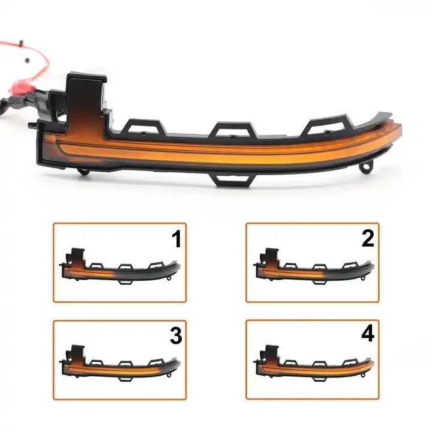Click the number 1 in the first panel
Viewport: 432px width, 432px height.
[x=176, y=239]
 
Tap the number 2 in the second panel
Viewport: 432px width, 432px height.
[x=368, y=238]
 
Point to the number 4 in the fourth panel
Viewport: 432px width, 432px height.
[x=368, y=334]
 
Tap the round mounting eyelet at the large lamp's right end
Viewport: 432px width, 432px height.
[x=365, y=167]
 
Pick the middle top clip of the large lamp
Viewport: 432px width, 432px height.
[x=232, y=130]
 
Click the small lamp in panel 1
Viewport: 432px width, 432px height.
[x=120, y=266]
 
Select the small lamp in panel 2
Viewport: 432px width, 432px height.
[x=314, y=266]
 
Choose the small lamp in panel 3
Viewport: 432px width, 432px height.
[x=120, y=363]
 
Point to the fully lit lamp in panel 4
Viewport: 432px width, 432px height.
[x=314, y=363]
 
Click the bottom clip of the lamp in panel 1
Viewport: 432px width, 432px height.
[x=124, y=282]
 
